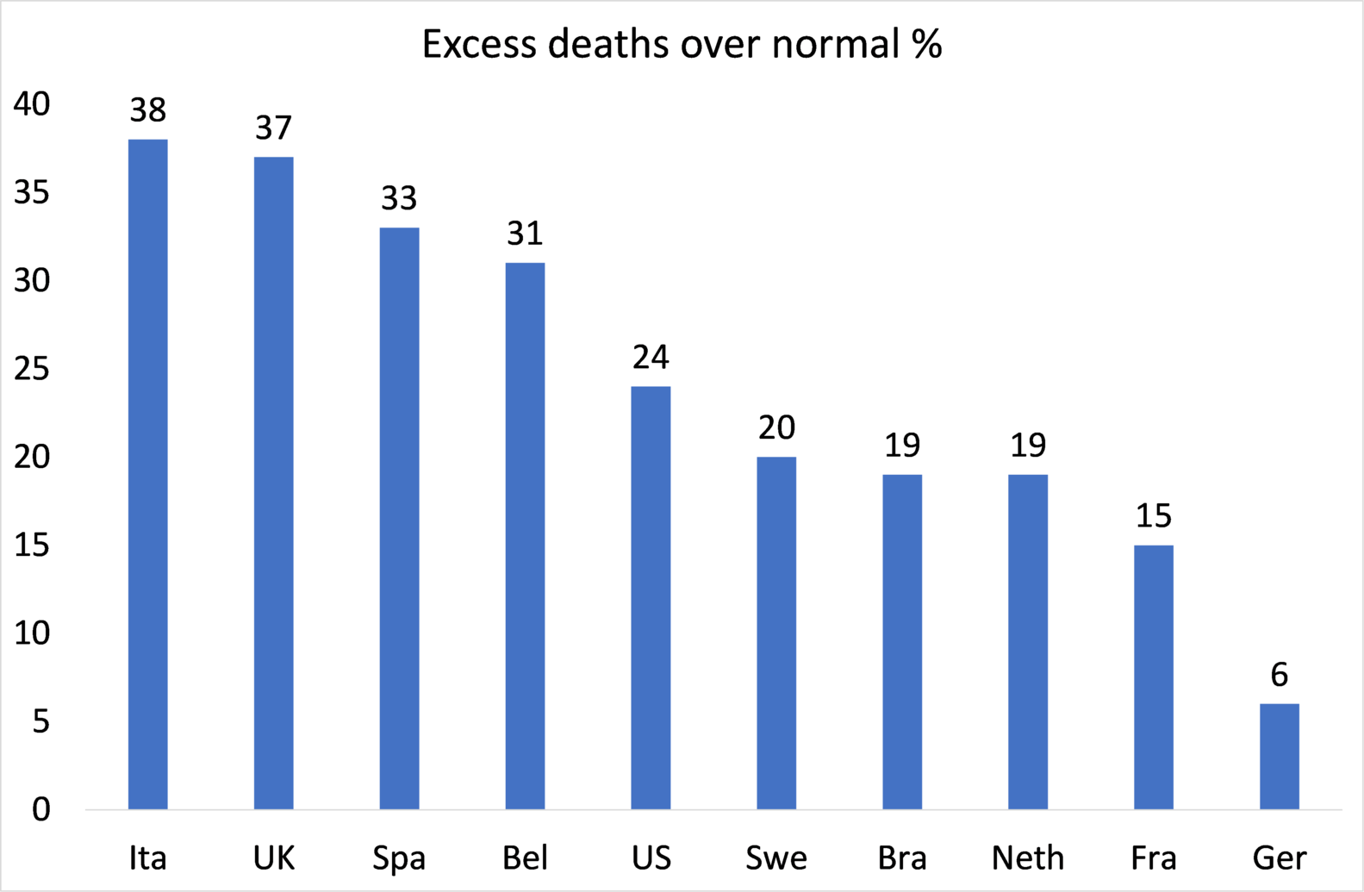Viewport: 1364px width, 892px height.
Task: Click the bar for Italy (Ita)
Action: [x=148, y=474]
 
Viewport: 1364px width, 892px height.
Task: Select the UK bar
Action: [x=274, y=483]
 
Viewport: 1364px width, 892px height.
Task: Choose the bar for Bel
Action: [x=525, y=535]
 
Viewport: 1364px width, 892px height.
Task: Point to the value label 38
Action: [x=148, y=110]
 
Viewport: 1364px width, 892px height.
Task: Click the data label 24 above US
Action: [x=651, y=357]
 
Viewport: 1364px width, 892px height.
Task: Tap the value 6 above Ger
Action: [x=1280, y=675]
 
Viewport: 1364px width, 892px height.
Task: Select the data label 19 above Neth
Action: [x=1028, y=446]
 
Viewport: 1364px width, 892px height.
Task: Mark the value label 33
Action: [x=399, y=199]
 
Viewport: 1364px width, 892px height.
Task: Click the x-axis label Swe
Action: [x=776, y=858]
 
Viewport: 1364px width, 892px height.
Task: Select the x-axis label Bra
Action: [x=902, y=858]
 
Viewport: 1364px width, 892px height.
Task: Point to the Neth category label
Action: [x=1028, y=858]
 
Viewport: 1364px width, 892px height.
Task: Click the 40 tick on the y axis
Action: [x=32, y=104]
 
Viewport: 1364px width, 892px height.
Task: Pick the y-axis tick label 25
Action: [x=32, y=370]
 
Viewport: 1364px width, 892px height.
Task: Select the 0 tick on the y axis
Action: [x=41, y=810]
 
